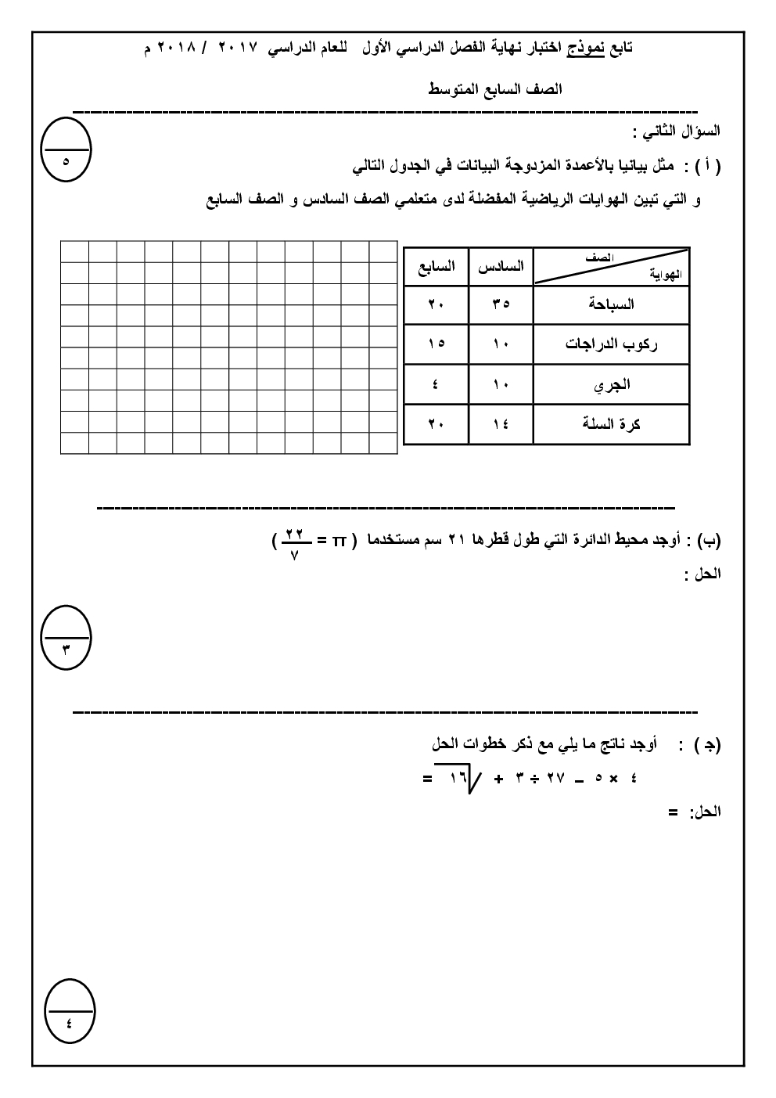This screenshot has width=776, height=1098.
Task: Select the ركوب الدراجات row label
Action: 611,344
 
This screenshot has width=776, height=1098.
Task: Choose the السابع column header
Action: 436,267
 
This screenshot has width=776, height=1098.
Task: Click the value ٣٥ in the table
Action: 501,305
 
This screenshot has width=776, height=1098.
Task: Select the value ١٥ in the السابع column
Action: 436,344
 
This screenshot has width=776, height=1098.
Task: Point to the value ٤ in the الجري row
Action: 436,385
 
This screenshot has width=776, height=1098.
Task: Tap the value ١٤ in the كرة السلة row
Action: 501,425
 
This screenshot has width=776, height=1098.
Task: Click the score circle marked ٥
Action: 66,149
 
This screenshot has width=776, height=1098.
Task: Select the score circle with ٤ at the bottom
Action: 69,1010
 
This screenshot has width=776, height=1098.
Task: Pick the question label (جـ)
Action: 707,745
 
